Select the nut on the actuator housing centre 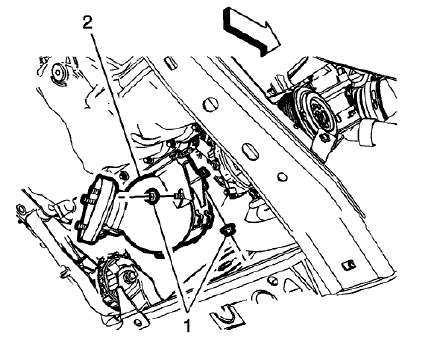click(x=150, y=197)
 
